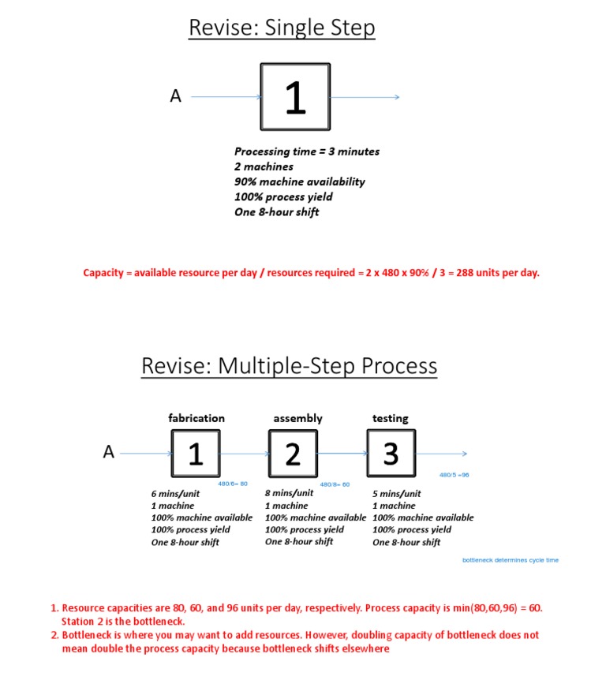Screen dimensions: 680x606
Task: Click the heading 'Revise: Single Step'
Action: coord(282,28)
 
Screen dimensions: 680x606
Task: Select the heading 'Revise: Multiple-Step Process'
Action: coord(289,366)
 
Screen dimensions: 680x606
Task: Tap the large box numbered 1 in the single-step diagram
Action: coord(295,97)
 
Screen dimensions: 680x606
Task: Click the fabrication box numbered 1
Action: coord(196,454)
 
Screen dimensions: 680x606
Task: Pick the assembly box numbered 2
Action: coord(293,454)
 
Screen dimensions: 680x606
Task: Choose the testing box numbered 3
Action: coord(391,454)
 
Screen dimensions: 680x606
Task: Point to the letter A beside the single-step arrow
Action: coord(175,96)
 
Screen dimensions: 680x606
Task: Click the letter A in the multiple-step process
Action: coord(109,452)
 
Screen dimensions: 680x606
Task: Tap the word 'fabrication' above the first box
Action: coord(196,418)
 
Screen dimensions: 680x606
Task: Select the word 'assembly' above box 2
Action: coord(297,418)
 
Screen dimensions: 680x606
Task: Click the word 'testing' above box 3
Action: coord(391,418)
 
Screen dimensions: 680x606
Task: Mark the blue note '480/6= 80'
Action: coord(233,484)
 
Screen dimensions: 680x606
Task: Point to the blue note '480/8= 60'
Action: coord(335,484)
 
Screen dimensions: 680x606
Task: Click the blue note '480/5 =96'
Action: coord(454,475)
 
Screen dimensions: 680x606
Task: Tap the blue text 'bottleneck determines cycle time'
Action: coord(510,560)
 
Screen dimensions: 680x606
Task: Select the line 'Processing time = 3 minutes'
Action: coord(307,151)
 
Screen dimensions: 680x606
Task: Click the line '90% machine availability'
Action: coord(299,181)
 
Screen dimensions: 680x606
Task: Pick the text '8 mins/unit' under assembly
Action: coord(289,493)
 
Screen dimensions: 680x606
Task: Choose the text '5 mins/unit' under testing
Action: coord(396,494)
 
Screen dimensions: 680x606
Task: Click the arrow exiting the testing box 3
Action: coord(442,454)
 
